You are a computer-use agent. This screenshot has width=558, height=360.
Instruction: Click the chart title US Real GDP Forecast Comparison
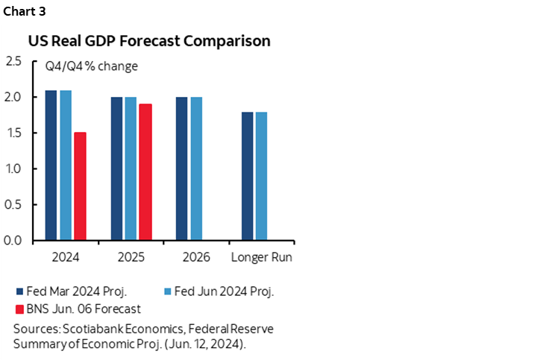tap(149, 41)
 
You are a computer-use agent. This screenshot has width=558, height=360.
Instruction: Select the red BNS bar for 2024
tap(79, 186)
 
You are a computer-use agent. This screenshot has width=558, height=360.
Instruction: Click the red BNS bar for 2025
tap(145, 172)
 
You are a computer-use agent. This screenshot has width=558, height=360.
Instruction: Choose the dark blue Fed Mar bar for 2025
tap(117, 168)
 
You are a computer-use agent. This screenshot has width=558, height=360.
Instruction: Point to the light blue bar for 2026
tap(196, 168)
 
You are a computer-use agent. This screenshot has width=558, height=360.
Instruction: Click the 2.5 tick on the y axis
tap(13, 61)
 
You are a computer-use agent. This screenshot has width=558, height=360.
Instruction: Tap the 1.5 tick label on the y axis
tap(13, 133)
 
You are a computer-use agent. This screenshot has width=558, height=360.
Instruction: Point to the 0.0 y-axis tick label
tap(13, 241)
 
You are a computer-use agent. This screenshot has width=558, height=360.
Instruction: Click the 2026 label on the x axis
tap(196, 258)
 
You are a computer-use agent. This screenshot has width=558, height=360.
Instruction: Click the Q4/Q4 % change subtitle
tap(90, 66)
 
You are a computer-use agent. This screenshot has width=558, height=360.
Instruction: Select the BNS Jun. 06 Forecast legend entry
tap(83, 308)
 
